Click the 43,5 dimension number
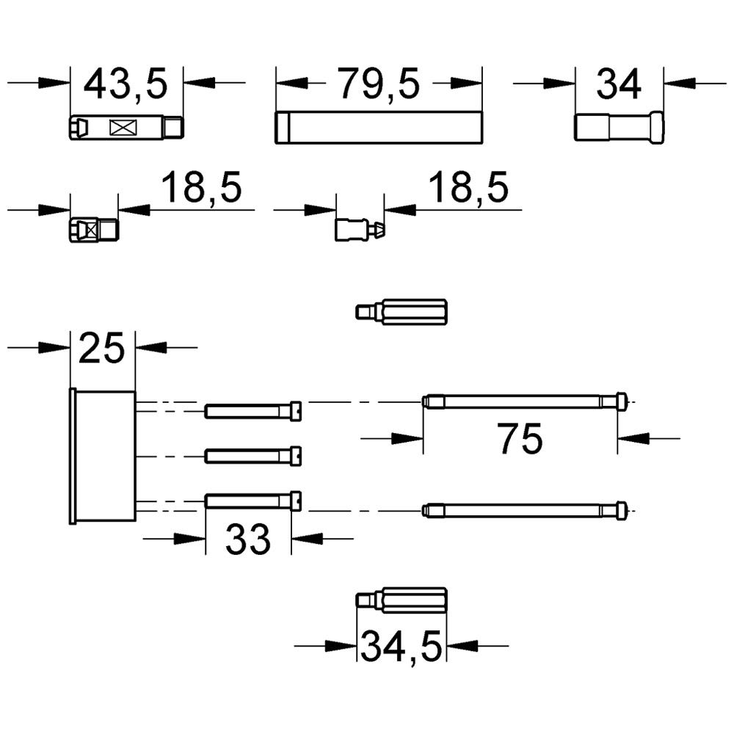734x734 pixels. pos(126,84)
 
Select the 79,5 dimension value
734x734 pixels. pos(379,84)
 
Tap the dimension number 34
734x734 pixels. pos(618,84)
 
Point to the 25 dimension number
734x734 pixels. pos(101,348)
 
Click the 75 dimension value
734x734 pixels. pos(520,439)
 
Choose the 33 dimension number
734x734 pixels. pos(247,539)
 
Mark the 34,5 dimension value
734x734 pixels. pos(401,647)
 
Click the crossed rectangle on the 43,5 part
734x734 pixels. pos(123,127)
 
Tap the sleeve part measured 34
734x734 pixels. pos(619,126)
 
